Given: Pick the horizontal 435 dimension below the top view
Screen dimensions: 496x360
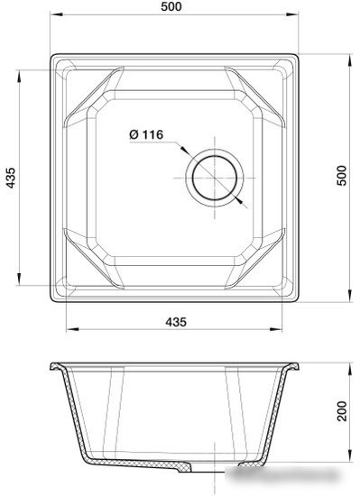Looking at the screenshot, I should tap(177, 323).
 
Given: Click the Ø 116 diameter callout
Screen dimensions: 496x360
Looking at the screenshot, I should tap(145, 134).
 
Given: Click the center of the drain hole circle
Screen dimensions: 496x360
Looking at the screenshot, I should tap(215, 174).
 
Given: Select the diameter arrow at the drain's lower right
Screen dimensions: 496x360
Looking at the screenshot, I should tap(242, 203).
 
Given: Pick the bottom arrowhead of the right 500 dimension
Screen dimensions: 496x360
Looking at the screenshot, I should tap(350, 298).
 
